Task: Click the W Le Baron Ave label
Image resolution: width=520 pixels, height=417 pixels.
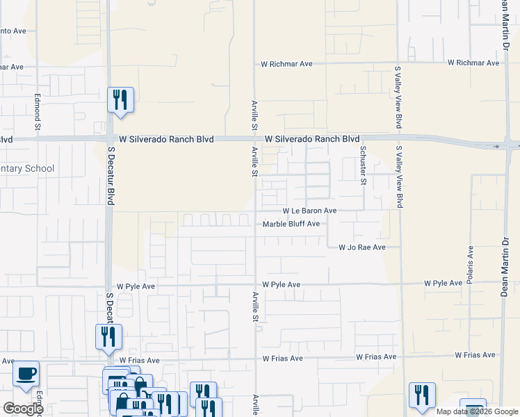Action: click(x=309, y=211)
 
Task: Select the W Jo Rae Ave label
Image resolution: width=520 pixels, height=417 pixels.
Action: click(x=361, y=247)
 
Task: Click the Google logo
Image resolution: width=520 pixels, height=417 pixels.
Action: click(x=23, y=409)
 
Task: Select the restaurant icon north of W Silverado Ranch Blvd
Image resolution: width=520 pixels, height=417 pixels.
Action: click(x=121, y=99)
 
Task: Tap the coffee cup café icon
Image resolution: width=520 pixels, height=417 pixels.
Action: click(x=26, y=374)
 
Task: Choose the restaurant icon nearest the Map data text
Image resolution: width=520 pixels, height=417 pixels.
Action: click(x=422, y=395)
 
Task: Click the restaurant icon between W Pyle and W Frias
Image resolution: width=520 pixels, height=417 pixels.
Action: click(x=108, y=337)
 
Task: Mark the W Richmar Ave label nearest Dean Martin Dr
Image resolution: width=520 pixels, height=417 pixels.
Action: click(x=473, y=63)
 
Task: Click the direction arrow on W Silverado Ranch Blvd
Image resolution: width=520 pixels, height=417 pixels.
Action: click(x=497, y=147)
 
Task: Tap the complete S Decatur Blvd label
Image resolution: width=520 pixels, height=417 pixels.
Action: click(x=110, y=179)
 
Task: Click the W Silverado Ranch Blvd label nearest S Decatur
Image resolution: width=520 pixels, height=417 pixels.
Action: click(x=165, y=139)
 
